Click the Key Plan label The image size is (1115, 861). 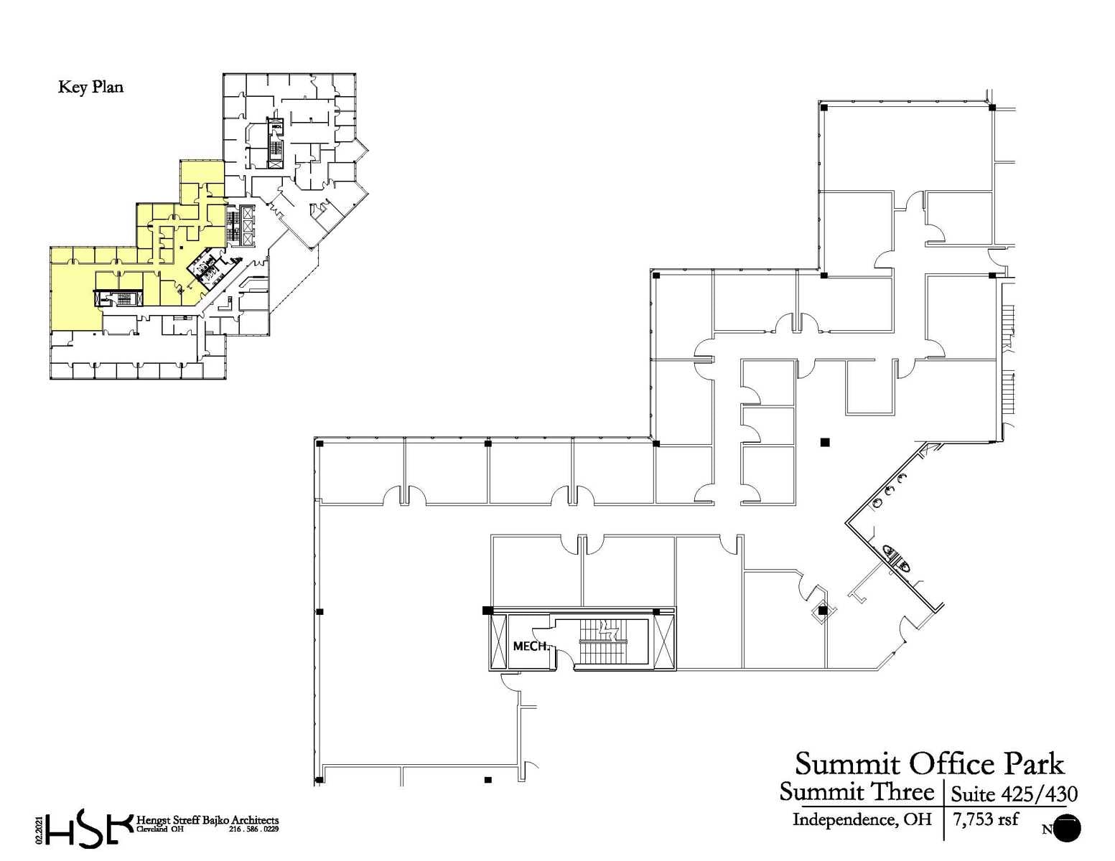point(90,88)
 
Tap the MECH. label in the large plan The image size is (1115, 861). point(531,646)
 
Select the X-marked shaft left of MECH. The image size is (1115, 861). point(498,641)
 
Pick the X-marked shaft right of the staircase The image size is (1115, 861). point(664,641)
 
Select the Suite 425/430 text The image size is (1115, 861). point(1014,794)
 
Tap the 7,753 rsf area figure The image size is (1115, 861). point(985,819)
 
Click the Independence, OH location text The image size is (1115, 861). point(862,819)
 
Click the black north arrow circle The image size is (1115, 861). point(1068,829)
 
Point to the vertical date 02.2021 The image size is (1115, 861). point(38,829)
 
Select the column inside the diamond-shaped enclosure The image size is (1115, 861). point(823,611)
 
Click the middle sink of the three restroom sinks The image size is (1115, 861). point(890,491)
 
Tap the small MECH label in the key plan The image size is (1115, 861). point(276,126)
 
